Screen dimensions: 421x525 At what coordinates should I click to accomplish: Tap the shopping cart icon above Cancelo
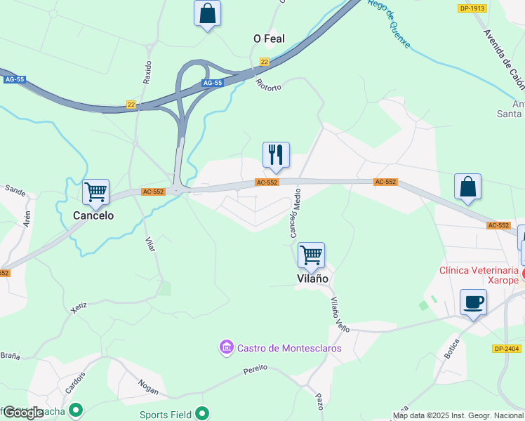[x=95, y=191]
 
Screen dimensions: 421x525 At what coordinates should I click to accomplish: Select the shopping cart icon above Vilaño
[x=311, y=254]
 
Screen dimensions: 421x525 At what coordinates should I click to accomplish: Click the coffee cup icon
[x=473, y=302]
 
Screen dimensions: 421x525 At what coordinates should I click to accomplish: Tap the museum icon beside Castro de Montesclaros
[x=226, y=347]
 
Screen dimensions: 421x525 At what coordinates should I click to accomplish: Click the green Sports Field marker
[x=203, y=414]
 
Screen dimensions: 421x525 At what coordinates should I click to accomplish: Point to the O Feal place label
[x=269, y=39]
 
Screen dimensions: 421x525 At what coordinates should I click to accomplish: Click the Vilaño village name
[x=311, y=279]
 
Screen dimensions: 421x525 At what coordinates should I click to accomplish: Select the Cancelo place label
[x=93, y=215]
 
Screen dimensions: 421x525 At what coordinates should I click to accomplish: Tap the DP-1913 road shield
[x=472, y=8]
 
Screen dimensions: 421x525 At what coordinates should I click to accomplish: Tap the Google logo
[x=23, y=413]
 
